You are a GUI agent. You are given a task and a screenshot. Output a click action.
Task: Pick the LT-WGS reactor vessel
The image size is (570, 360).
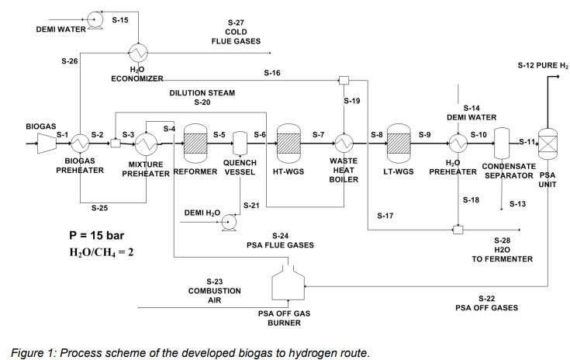(x=398, y=142)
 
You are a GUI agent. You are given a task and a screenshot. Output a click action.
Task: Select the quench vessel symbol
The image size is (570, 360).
(x=240, y=142)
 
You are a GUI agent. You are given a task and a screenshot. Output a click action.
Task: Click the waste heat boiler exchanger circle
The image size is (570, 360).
(x=344, y=142)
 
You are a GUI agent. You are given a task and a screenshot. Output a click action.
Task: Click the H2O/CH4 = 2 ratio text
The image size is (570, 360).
(x=102, y=253)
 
